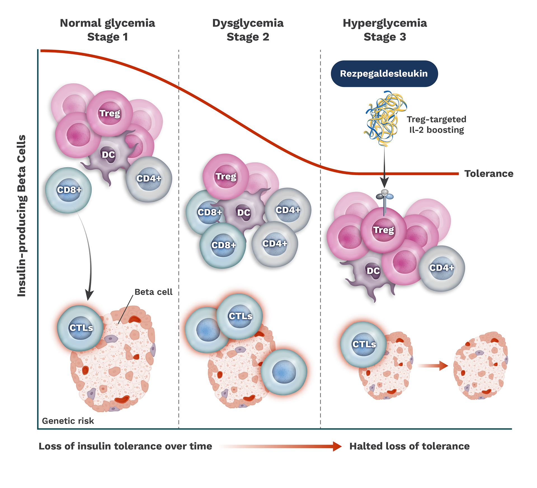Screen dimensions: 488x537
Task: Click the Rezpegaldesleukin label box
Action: (x=384, y=74)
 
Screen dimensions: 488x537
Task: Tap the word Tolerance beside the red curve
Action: (x=489, y=174)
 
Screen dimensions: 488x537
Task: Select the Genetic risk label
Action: (x=68, y=421)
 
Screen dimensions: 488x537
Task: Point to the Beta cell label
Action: (x=154, y=292)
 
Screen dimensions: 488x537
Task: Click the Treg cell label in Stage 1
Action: (x=110, y=113)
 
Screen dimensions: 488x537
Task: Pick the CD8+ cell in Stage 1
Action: (x=69, y=190)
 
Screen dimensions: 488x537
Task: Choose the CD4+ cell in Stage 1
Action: (x=149, y=179)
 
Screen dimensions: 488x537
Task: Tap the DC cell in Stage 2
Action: (x=244, y=213)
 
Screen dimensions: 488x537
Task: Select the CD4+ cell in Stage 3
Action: (x=442, y=268)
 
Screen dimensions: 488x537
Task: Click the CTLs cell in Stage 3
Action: (x=364, y=344)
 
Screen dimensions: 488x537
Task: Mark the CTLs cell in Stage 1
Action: (x=81, y=328)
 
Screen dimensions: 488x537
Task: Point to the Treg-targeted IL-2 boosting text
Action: (x=436, y=124)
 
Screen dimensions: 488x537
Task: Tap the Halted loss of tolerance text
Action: (x=409, y=446)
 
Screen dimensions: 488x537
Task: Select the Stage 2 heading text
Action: (x=248, y=37)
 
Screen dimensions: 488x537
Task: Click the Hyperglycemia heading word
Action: (x=385, y=23)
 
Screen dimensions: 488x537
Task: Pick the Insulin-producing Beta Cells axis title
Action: (x=22, y=215)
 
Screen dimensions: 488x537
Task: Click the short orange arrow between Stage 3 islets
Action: (x=432, y=366)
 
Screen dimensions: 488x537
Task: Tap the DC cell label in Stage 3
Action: (x=373, y=271)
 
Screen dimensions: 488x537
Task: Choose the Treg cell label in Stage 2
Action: (x=226, y=176)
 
